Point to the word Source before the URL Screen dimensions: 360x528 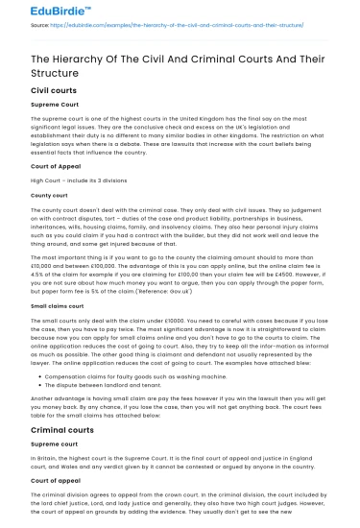click(39, 25)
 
